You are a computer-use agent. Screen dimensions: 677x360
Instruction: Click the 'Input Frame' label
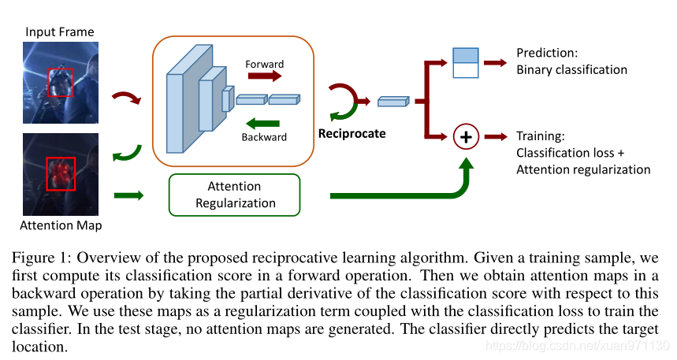(x=60, y=32)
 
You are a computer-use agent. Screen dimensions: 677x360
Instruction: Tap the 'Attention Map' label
(x=61, y=225)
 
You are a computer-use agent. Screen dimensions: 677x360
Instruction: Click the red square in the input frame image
(x=60, y=69)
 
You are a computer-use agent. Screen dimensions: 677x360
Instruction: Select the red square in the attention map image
(x=61, y=158)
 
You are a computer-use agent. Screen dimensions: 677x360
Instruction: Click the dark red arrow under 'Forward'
(x=265, y=76)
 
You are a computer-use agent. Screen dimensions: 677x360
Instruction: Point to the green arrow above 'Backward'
(x=262, y=124)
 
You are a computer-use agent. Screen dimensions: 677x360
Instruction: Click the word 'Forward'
(x=265, y=64)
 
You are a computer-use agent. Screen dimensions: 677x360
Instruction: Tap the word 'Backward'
(x=264, y=137)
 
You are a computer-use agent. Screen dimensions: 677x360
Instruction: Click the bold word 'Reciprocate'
(x=352, y=134)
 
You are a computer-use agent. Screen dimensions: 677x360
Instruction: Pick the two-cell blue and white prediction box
(x=466, y=63)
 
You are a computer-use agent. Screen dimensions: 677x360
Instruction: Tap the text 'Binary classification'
(x=571, y=70)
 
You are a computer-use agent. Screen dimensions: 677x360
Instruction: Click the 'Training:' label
(x=541, y=136)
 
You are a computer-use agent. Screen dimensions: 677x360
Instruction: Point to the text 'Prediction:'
(x=547, y=53)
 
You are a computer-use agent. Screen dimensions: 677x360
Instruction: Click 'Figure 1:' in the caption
(x=40, y=258)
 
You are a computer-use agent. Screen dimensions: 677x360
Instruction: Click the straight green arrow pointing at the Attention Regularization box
(x=128, y=195)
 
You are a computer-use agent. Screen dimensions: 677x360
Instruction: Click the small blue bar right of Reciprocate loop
(x=393, y=102)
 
